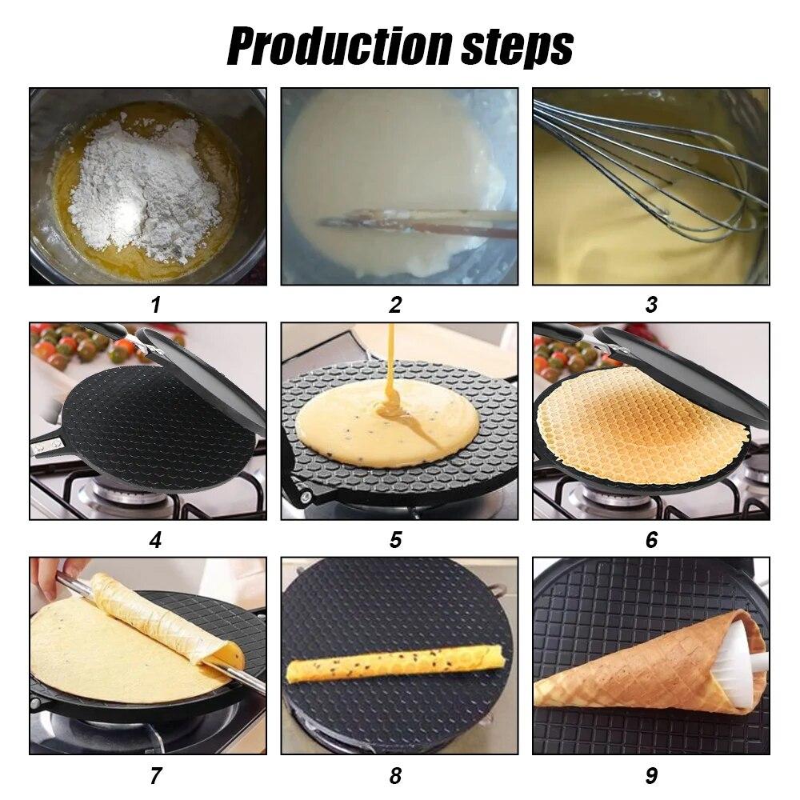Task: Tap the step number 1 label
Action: (155, 305)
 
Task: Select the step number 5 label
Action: (395, 540)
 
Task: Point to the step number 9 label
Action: (651, 775)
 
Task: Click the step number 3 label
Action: (651, 305)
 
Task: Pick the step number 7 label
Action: (155, 775)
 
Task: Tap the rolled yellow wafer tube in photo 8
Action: (396, 662)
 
